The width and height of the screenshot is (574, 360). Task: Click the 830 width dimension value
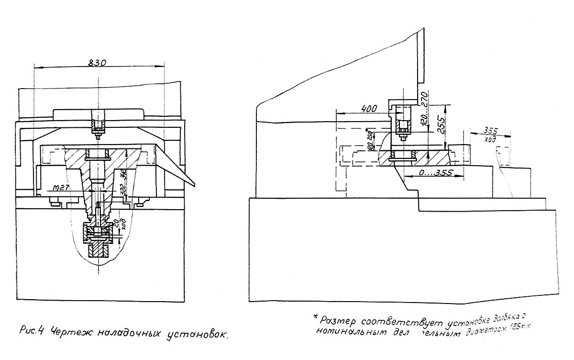coord(97,62)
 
